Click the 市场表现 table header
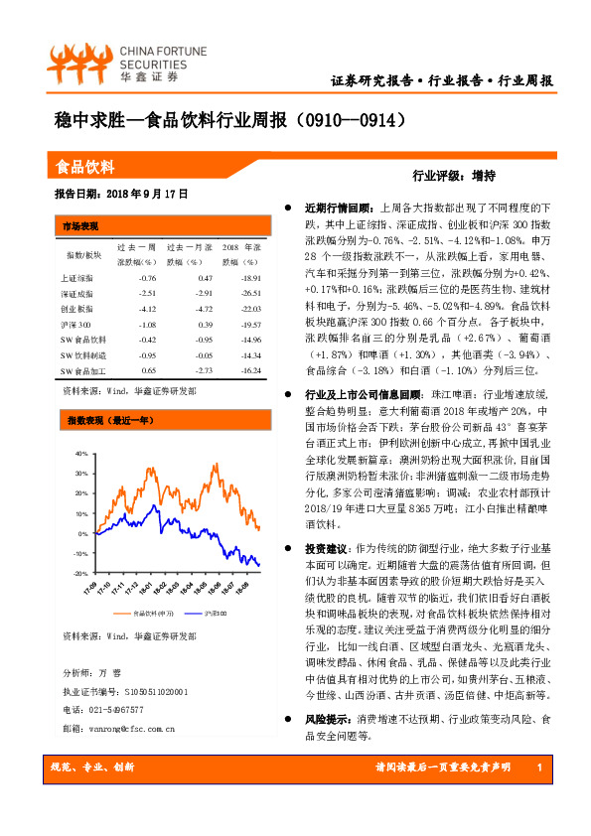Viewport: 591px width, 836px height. [81, 225]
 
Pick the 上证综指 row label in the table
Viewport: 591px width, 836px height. [75, 279]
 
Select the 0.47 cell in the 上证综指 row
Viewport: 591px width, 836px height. [205, 279]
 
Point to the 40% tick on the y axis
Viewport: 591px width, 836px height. [80, 454]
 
